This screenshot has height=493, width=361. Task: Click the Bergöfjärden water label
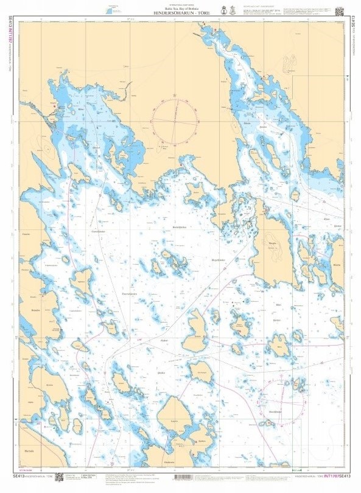[x=218, y=260]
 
